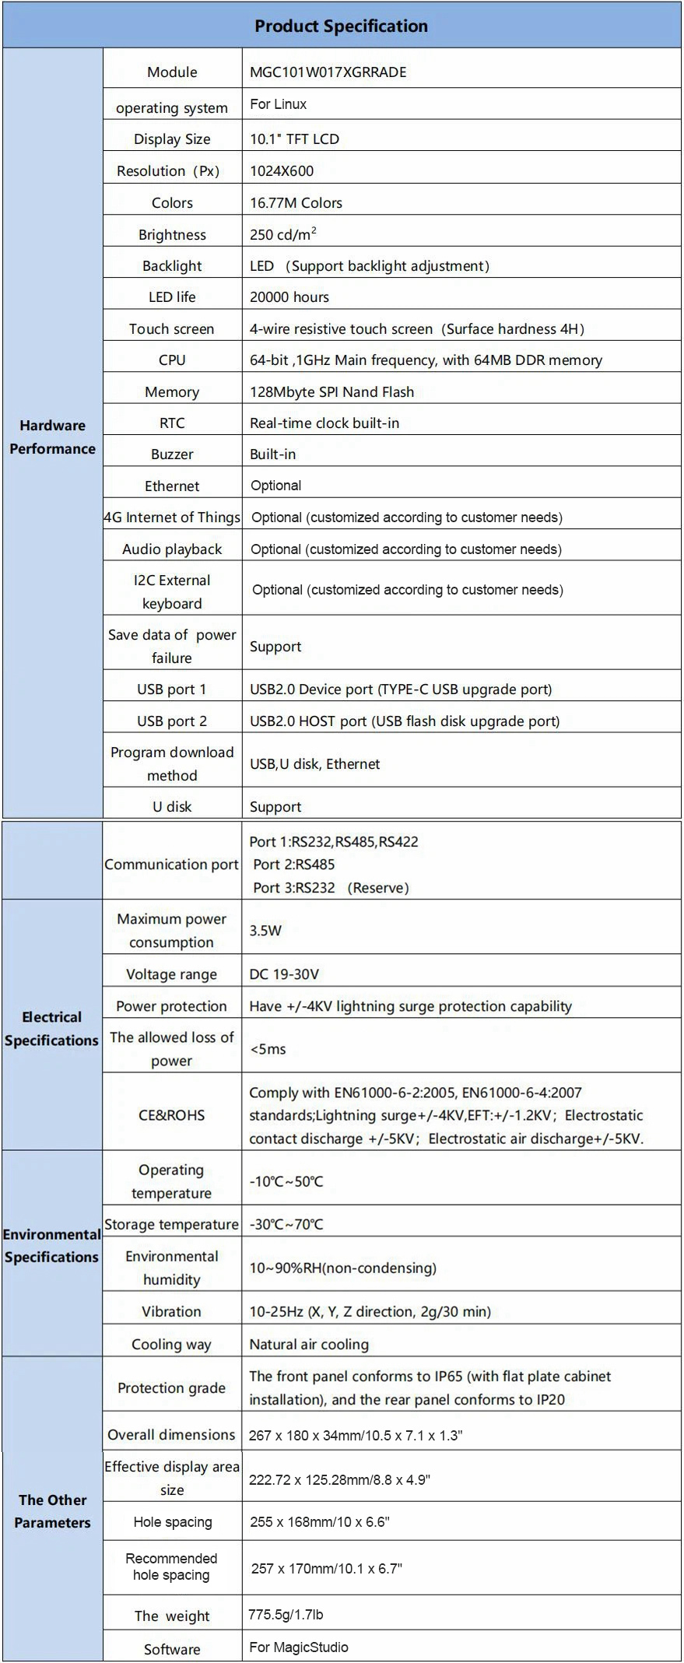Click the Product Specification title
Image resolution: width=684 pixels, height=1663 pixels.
click(x=341, y=26)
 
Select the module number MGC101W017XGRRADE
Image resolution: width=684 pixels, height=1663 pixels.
click(x=328, y=72)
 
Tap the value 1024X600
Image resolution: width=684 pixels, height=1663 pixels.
click(x=282, y=171)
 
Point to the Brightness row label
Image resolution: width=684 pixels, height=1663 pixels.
click(x=172, y=234)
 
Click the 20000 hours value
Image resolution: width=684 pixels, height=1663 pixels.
click(x=289, y=296)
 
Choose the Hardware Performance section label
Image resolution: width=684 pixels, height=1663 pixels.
click(x=52, y=437)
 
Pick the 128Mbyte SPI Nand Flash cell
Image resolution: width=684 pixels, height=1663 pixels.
click(x=331, y=391)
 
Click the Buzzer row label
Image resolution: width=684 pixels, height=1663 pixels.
click(x=172, y=454)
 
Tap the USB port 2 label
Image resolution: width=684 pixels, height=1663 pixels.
click(x=172, y=721)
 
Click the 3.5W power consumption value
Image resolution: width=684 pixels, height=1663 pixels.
click(x=265, y=930)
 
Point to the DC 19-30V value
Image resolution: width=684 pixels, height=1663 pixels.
click(x=284, y=974)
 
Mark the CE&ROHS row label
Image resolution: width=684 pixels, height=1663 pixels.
click(x=172, y=1114)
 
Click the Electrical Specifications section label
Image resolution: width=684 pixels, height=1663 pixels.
click(x=52, y=1028)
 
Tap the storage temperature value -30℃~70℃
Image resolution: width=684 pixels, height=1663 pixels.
click(x=286, y=1223)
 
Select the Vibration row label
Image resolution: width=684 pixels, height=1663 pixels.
click(x=172, y=1311)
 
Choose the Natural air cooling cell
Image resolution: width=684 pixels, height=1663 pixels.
click(x=309, y=1344)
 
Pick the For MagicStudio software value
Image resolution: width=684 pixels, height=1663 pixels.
click(x=299, y=1647)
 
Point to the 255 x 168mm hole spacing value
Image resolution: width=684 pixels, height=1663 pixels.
click(x=319, y=1521)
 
